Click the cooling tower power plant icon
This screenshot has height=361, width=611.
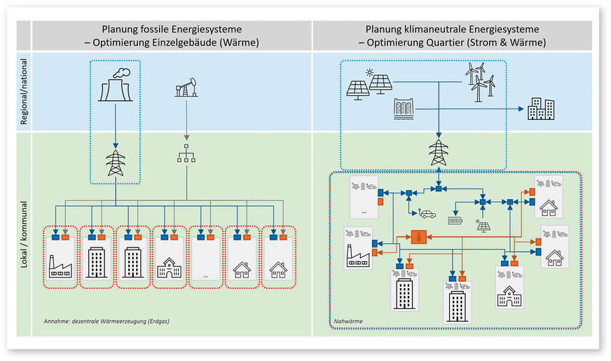[116, 85]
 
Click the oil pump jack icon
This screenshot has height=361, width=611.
[186, 90]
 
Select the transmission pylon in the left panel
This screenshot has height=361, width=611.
[116, 163]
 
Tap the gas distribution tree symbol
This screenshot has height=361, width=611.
[186, 154]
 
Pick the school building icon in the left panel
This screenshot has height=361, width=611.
[170, 267]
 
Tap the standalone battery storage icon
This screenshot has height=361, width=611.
[455, 219]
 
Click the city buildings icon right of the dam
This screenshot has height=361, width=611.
[541, 109]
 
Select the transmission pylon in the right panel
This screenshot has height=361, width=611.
[439, 152]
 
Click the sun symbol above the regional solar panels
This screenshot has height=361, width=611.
[368, 72]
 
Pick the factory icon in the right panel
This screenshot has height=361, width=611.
[358, 258]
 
